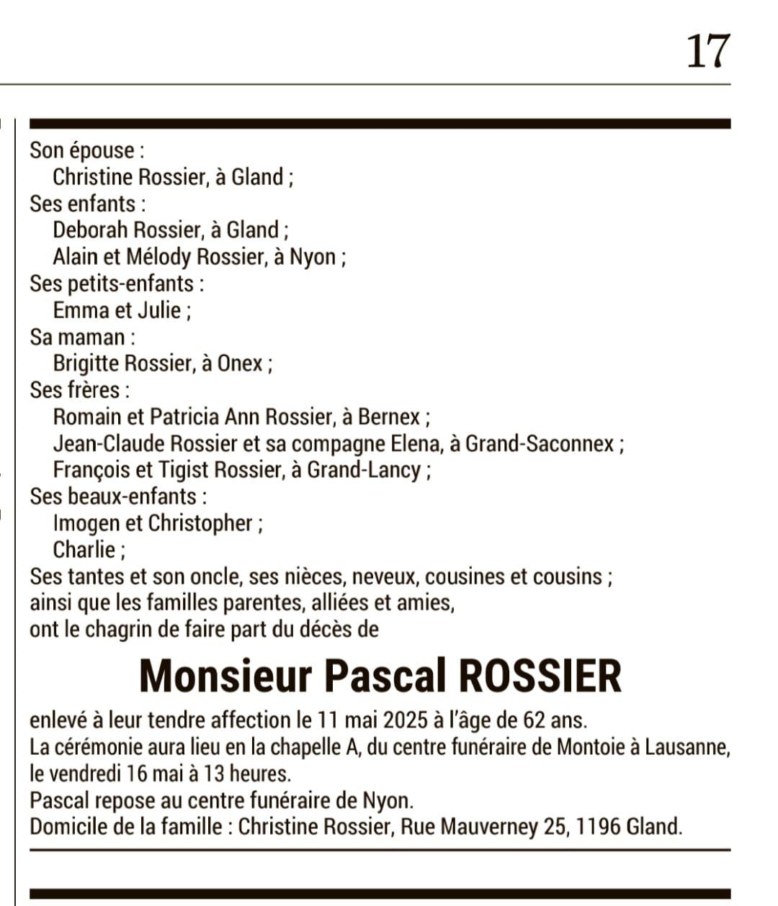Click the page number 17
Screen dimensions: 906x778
[x=708, y=52]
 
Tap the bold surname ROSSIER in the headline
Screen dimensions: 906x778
[x=539, y=676]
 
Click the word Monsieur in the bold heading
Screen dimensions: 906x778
[x=225, y=676]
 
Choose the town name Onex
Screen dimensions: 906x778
[x=240, y=363]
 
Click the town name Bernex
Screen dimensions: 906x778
[x=389, y=417]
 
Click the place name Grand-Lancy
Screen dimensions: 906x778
[x=364, y=470]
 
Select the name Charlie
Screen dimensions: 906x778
[x=84, y=550]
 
